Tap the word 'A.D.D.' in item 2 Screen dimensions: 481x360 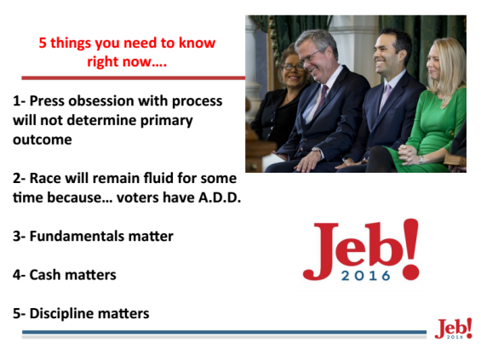pyautogui.click(x=220, y=197)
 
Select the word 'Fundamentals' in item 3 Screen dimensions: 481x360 pyautogui.click(x=77, y=236)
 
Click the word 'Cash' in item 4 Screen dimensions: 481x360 pyautogui.click(x=45, y=275)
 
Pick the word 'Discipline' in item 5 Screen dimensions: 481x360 pyautogui.click(x=61, y=314)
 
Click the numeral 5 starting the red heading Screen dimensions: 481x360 pyautogui.click(x=43, y=43)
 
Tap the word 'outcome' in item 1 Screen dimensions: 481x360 pyautogui.click(x=43, y=140)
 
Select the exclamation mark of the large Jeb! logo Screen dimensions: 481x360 pyautogui.click(x=410, y=249)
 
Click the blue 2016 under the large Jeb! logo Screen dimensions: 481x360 pyautogui.click(x=366, y=276)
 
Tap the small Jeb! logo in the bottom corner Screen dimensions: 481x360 pyautogui.click(x=453, y=329)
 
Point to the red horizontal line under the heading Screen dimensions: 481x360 pyautogui.click(x=134, y=78)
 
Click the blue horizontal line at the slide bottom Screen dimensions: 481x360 pyautogui.click(x=224, y=332)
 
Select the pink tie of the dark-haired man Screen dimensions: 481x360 pyautogui.click(x=385, y=96)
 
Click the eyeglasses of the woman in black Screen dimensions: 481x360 pyautogui.click(x=292, y=67)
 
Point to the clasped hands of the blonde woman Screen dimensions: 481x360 pyautogui.click(x=408, y=154)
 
